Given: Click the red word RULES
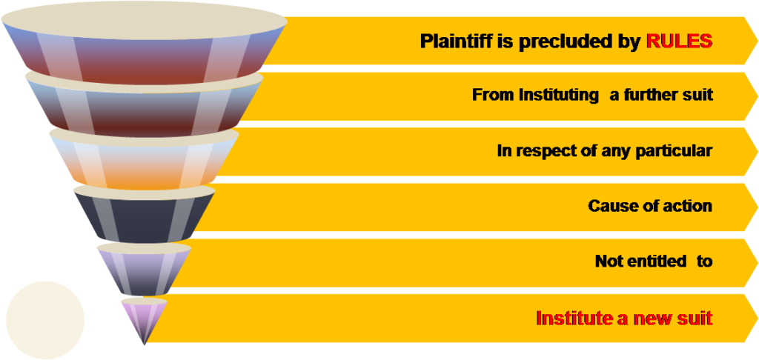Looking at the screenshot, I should pyautogui.click(x=679, y=41).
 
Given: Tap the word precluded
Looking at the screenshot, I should pyautogui.click(x=569, y=41).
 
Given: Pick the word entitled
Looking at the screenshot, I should pyautogui.click(x=654, y=261).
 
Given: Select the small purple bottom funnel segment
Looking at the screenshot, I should pyautogui.click(x=143, y=314).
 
